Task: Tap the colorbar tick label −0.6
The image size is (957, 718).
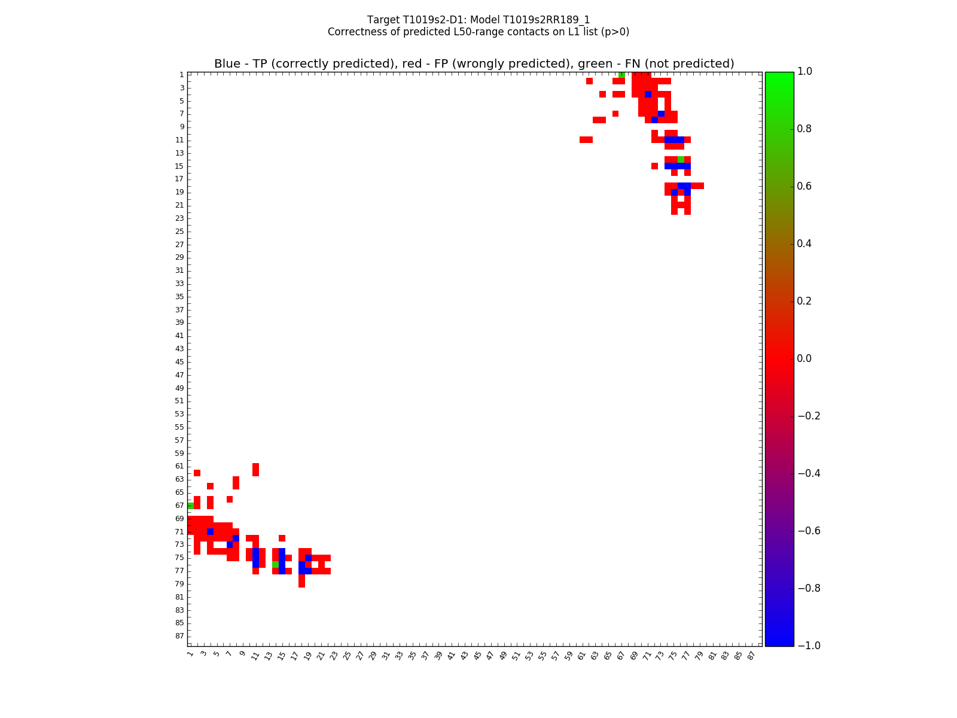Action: point(809,531)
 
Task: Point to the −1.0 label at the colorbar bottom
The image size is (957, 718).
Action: point(809,646)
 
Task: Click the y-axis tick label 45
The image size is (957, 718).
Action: point(179,362)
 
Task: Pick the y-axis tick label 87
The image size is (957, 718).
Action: point(179,636)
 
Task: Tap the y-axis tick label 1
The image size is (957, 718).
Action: point(181,75)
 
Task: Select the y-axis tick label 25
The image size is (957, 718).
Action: point(179,232)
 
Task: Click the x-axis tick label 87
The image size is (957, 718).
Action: point(751,655)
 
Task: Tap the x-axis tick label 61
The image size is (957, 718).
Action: point(581,655)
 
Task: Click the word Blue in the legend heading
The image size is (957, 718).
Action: point(227,64)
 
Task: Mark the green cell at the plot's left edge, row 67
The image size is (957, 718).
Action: point(190,506)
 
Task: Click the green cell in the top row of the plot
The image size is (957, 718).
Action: point(621,75)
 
